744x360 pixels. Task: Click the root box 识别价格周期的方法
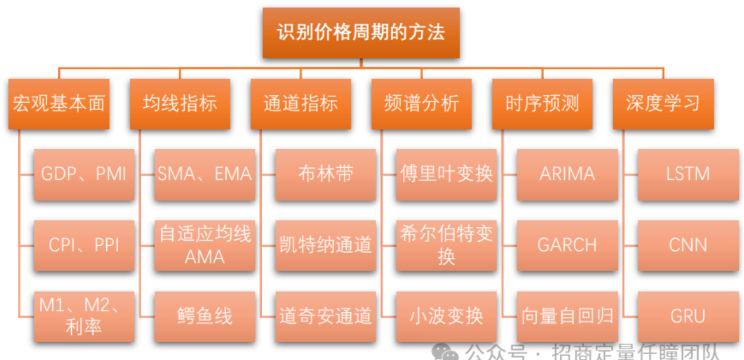click(x=361, y=33)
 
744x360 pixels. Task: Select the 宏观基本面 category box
click(x=59, y=104)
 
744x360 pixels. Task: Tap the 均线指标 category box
click(x=180, y=104)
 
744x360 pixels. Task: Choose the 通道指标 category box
click(x=300, y=104)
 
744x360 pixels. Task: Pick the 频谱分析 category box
click(x=421, y=104)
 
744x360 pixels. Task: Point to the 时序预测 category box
click(x=542, y=104)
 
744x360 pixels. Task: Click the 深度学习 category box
click(x=663, y=104)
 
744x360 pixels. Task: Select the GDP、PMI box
click(x=84, y=175)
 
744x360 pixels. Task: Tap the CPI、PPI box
click(x=84, y=245)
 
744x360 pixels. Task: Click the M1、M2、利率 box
click(x=84, y=316)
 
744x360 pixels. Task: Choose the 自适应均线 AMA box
click(x=205, y=245)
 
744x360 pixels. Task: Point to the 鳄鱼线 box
click(x=205, y=316)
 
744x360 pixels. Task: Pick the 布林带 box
click(x=325, y=175)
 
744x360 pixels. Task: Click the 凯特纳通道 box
click(x=325, y=245)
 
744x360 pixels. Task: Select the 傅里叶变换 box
click(x=447, y=175)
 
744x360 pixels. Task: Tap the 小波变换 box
click(x=447, y=316)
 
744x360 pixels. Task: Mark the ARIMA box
click(x=567, y=175)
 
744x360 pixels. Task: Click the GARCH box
click(x=567, y=245)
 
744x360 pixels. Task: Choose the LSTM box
click(x=688, y=175)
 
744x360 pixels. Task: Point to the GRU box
click(x=688, y=316)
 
